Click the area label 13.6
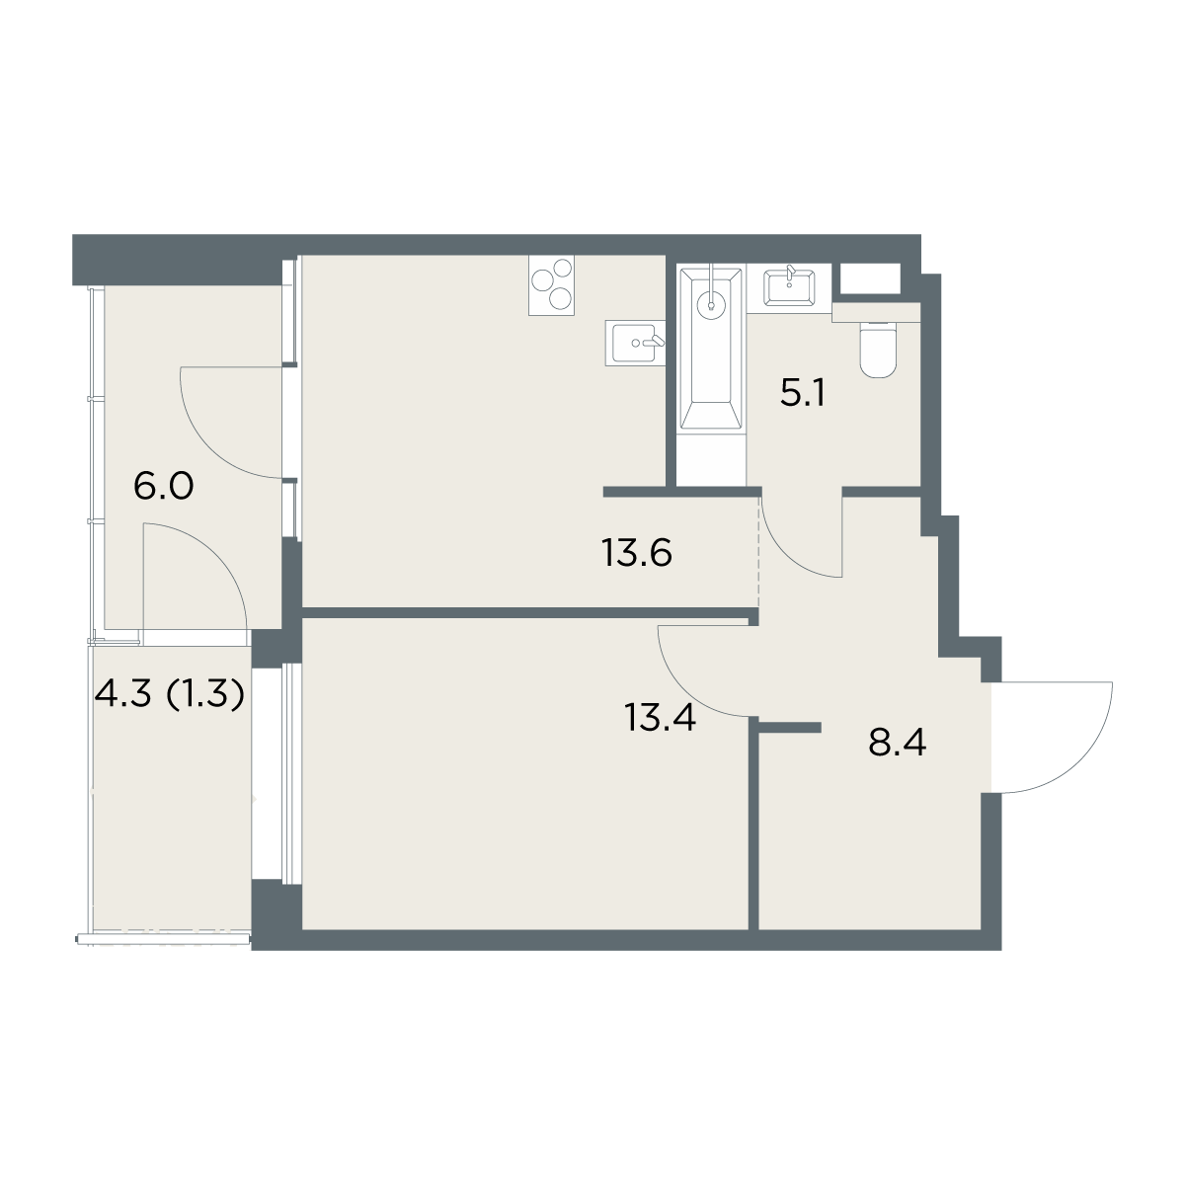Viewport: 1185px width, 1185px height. tap(637, 553)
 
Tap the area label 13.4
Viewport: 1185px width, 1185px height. tap(660, 717)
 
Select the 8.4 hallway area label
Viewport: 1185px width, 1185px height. tap(897, 743)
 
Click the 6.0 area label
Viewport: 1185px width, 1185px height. tap(163, 487)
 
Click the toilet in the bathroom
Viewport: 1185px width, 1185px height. tap(878, 351)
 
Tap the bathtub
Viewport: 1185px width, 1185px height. tap(711, 349)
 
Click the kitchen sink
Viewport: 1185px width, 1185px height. tap(635, 343)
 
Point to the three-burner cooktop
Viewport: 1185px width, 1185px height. tap(551, 286)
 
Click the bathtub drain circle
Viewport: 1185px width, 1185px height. tap(711, 305)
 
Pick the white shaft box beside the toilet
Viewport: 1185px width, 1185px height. tap(870, 278)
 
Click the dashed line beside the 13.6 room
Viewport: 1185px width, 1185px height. tap(758, 552)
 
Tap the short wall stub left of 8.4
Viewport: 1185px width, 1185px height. tap(790, 728)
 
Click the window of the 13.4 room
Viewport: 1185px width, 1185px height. tap(291, 772)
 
